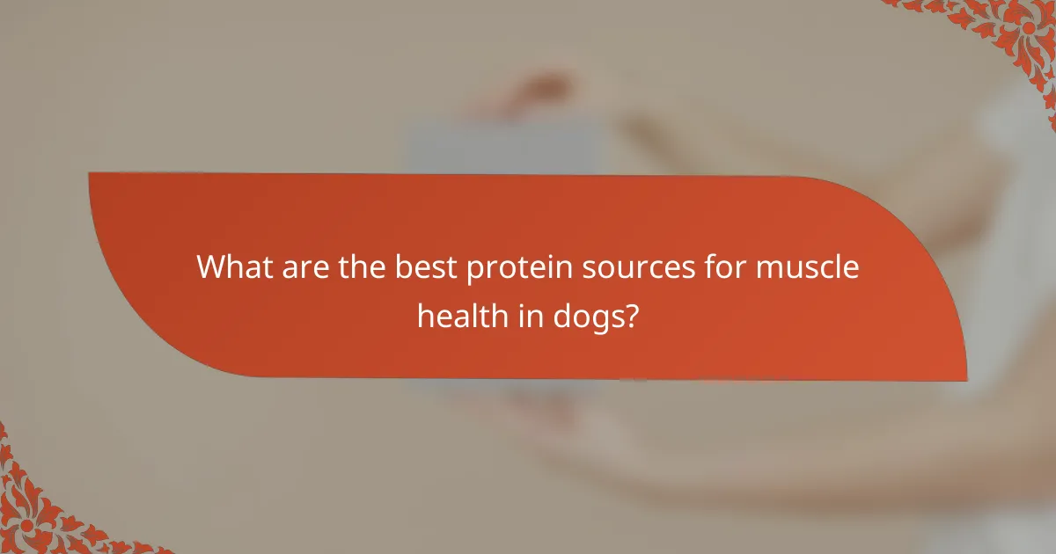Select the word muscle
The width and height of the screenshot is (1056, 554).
pos(805,266)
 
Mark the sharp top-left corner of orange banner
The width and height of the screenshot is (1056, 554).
pos(91,174)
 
